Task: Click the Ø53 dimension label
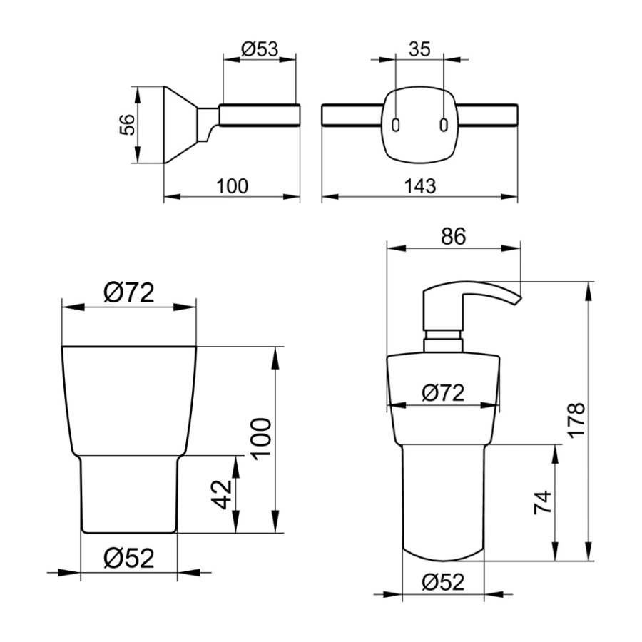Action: (260, 49)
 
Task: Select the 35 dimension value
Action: (419, 49)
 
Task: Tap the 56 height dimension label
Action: (128, 125)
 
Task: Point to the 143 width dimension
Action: (420, 186)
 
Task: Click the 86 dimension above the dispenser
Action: (453, 236)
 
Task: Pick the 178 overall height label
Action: (576, 420)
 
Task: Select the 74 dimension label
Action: (543, 502)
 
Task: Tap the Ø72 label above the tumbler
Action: (129, 292)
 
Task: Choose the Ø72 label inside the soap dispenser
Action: (443, 393)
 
